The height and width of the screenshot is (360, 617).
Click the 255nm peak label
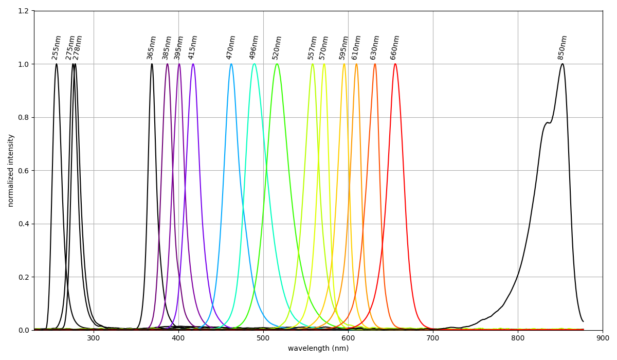(57, 47)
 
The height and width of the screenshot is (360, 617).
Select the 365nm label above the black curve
(152, 47)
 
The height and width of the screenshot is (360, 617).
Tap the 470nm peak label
(231, 47)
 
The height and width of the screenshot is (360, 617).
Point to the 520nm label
(277, 47)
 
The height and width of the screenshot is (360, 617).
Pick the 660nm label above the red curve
(395, 47)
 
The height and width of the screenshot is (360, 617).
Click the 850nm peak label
(562, 47)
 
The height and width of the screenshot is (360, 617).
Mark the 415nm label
(193, 47)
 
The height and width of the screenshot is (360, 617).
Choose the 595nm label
(344, 47)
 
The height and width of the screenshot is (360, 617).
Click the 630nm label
(375, 47)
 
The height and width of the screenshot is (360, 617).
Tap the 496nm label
(254, 47)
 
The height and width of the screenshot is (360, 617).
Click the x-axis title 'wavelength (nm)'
(318, 349)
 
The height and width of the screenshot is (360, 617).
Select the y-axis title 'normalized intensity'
(11, 170)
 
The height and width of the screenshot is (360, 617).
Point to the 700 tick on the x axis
(433, 338)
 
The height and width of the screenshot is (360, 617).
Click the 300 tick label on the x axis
(94, 338)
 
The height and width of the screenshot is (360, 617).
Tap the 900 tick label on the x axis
(603, 338)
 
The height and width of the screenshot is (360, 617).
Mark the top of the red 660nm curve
(395, 64)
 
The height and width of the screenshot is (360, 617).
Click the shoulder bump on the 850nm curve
(548, 123)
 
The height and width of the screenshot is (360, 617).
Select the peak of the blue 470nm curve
(231, 64)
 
